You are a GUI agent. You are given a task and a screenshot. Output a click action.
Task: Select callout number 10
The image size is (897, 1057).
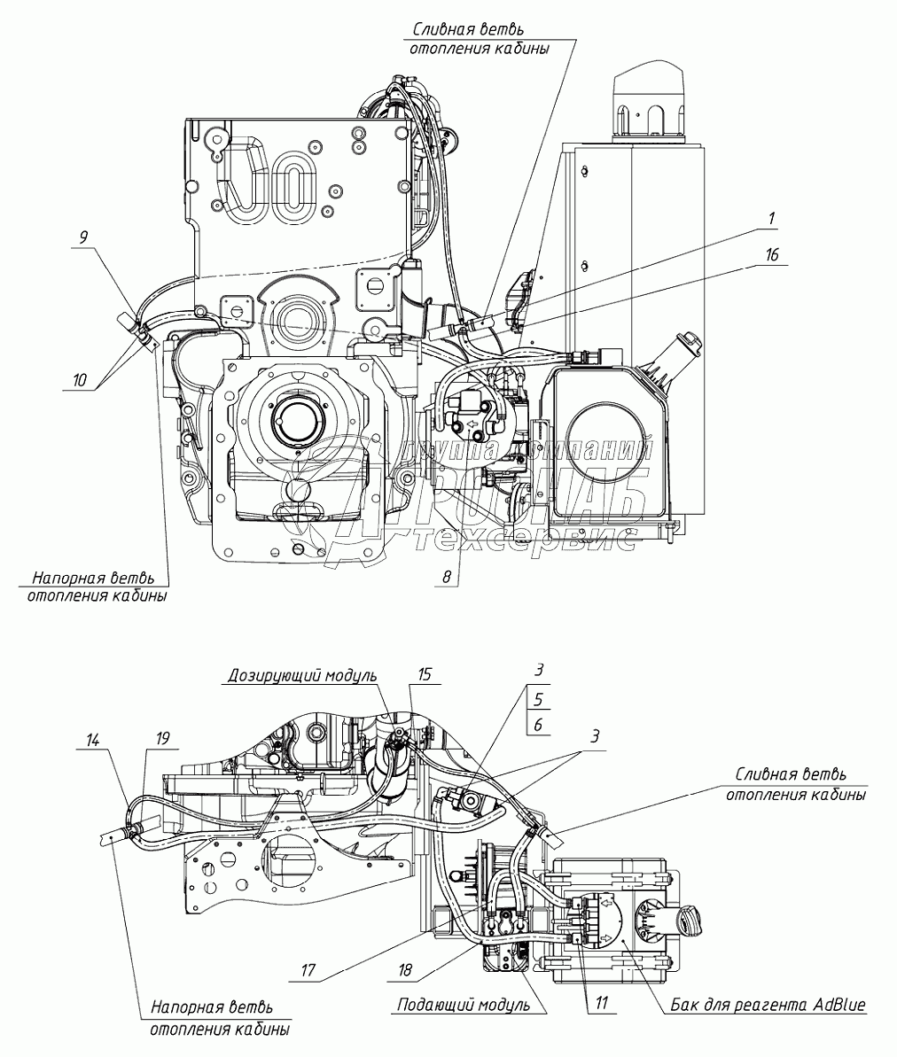click(80, 380)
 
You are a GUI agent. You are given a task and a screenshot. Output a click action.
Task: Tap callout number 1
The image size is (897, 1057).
click(772, 217)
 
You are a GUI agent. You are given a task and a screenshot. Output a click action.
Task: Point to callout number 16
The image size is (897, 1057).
click(772, 255)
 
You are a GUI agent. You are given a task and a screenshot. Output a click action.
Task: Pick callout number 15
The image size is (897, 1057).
click(425, 675)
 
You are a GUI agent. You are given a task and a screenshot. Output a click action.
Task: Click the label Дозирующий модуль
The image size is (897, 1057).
click(301, 675)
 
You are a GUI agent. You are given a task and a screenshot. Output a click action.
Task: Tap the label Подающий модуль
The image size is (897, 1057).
click(464, 1005)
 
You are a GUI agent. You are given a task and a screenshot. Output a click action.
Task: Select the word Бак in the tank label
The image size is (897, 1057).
click(680, 1005)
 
